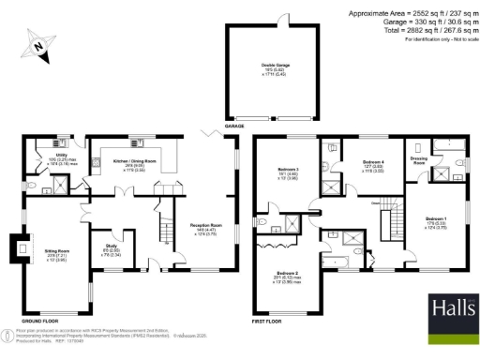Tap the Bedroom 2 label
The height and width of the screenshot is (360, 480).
point(289,278)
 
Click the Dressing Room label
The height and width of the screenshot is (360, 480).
point(420,159)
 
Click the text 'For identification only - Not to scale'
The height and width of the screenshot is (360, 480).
point(437,40)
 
